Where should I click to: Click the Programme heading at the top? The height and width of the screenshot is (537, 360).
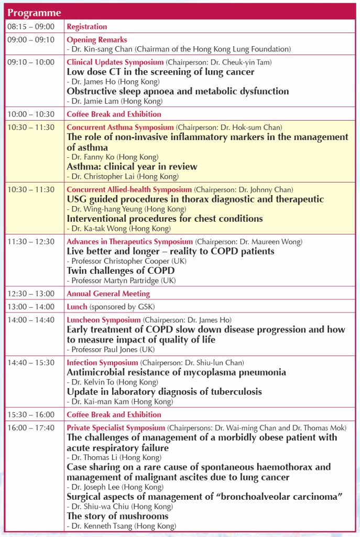(x=35, y=13)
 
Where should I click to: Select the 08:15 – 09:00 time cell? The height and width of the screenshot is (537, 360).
(x=30, y=27)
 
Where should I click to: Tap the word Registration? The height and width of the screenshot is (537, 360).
(x=86, y=27)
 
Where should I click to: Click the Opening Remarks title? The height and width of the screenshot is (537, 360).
(x=96, y=39)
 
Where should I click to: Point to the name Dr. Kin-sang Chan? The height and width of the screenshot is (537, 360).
(x=100, y=49)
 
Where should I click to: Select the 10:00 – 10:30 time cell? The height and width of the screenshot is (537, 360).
(x=30, y=114)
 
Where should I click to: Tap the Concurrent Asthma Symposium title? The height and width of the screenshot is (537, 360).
(x=120, y=127)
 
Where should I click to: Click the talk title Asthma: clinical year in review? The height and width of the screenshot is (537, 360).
(x=132, y=167)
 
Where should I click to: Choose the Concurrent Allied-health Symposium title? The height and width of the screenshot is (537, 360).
(x=129, y=189)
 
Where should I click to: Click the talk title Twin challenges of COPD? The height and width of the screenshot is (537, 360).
(x=121, y=271)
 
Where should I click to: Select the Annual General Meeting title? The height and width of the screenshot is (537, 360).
(x=108, y=294)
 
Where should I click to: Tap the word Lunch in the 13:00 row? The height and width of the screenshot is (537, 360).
(x=77, y=306)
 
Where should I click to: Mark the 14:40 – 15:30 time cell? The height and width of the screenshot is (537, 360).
(x=30, y=362)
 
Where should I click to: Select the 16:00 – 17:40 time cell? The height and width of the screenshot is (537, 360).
(x=30, y=428)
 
